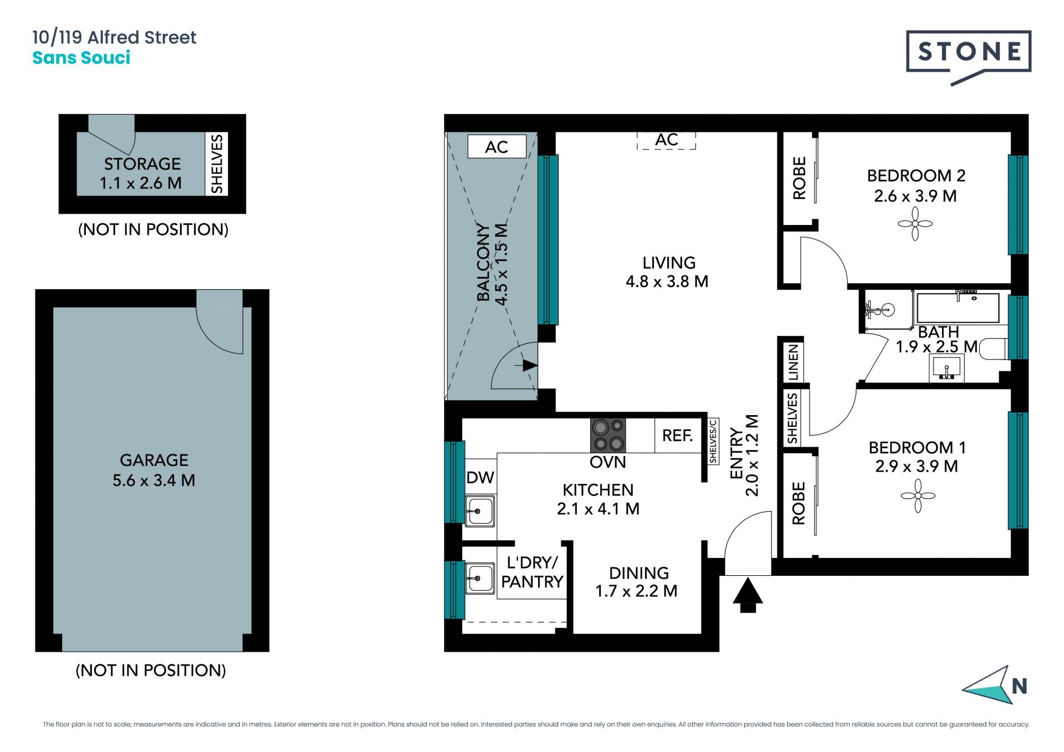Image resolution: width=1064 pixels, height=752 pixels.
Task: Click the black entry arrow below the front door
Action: click(x=748, y=595)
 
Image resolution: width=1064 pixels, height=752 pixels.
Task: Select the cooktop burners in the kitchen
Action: click(x=608, y=436)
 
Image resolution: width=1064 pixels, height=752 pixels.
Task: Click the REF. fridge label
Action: click(x=677, y=436)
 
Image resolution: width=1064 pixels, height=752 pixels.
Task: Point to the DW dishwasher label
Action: click(x=480, y=478)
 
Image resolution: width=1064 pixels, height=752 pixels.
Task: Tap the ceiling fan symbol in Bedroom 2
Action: click(x=915, y=224)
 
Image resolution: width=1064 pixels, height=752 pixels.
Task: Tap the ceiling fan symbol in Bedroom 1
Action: click(x=918, y=495)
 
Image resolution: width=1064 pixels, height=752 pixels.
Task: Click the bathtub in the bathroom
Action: click(x=958, y=308)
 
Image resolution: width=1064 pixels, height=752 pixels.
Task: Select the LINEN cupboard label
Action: click(x=794, y=362)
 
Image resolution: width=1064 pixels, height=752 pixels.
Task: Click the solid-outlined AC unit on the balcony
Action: click(x=497, y=147)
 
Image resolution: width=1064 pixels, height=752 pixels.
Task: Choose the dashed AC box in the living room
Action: click(x=666, y=140)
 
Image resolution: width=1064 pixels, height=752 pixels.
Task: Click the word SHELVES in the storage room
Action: click(x=217, y=163)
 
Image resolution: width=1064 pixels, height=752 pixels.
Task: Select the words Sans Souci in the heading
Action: click(x=81, y=58)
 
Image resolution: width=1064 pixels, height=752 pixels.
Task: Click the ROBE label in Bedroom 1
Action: click(x=799, y=503)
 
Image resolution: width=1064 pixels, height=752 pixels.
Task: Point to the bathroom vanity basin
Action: click(x=947, y=368)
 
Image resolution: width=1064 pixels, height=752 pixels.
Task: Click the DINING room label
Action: click(x=639, y=573)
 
